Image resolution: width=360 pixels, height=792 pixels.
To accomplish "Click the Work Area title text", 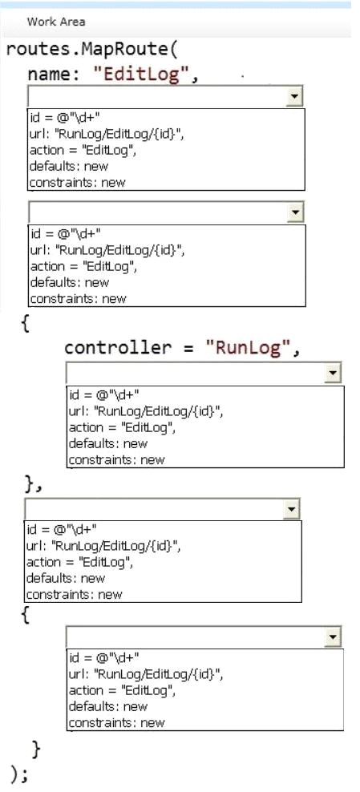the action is click(56, 22).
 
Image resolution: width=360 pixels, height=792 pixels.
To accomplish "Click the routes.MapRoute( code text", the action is click(91, 51).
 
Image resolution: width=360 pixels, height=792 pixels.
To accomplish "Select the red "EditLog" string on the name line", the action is click(144, 75).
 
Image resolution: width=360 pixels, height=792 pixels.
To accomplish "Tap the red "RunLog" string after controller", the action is click(249, 348).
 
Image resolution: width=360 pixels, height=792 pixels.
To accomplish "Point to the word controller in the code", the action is click(118, 348).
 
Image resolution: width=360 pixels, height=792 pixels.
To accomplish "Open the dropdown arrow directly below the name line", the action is click(294, 96).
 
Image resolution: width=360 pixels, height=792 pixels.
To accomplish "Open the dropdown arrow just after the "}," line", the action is click(291, 509).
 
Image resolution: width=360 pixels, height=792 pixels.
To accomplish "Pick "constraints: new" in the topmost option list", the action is click(77, 182).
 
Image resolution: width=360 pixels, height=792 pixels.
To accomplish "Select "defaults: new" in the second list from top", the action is click(70, 282).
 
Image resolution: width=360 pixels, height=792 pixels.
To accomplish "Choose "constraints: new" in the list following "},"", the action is click(74, 594).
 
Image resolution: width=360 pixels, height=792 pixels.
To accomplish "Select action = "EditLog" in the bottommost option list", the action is click(122, 690).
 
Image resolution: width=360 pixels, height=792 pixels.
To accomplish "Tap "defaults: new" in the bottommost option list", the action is click(108, 706).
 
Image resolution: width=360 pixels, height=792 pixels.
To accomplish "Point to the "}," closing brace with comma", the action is click(34, 485).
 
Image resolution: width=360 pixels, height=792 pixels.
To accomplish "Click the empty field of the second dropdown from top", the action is click(159, 212).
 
